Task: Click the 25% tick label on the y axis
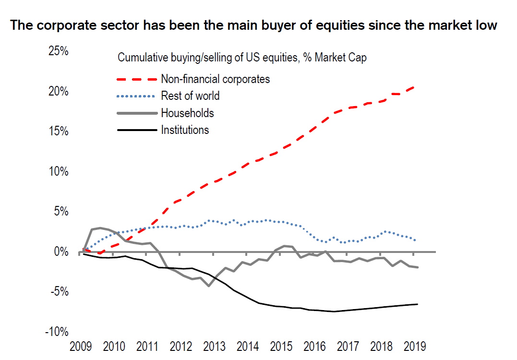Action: pos(59,50)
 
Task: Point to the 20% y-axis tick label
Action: pos(59,91)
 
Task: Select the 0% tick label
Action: pos(62,252)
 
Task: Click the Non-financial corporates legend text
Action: pos(216,79)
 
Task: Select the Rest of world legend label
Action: pos(190,96)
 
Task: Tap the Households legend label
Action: pos(187,113)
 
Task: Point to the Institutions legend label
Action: pos(185,130)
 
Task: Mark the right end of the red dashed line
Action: pos(415,87)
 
